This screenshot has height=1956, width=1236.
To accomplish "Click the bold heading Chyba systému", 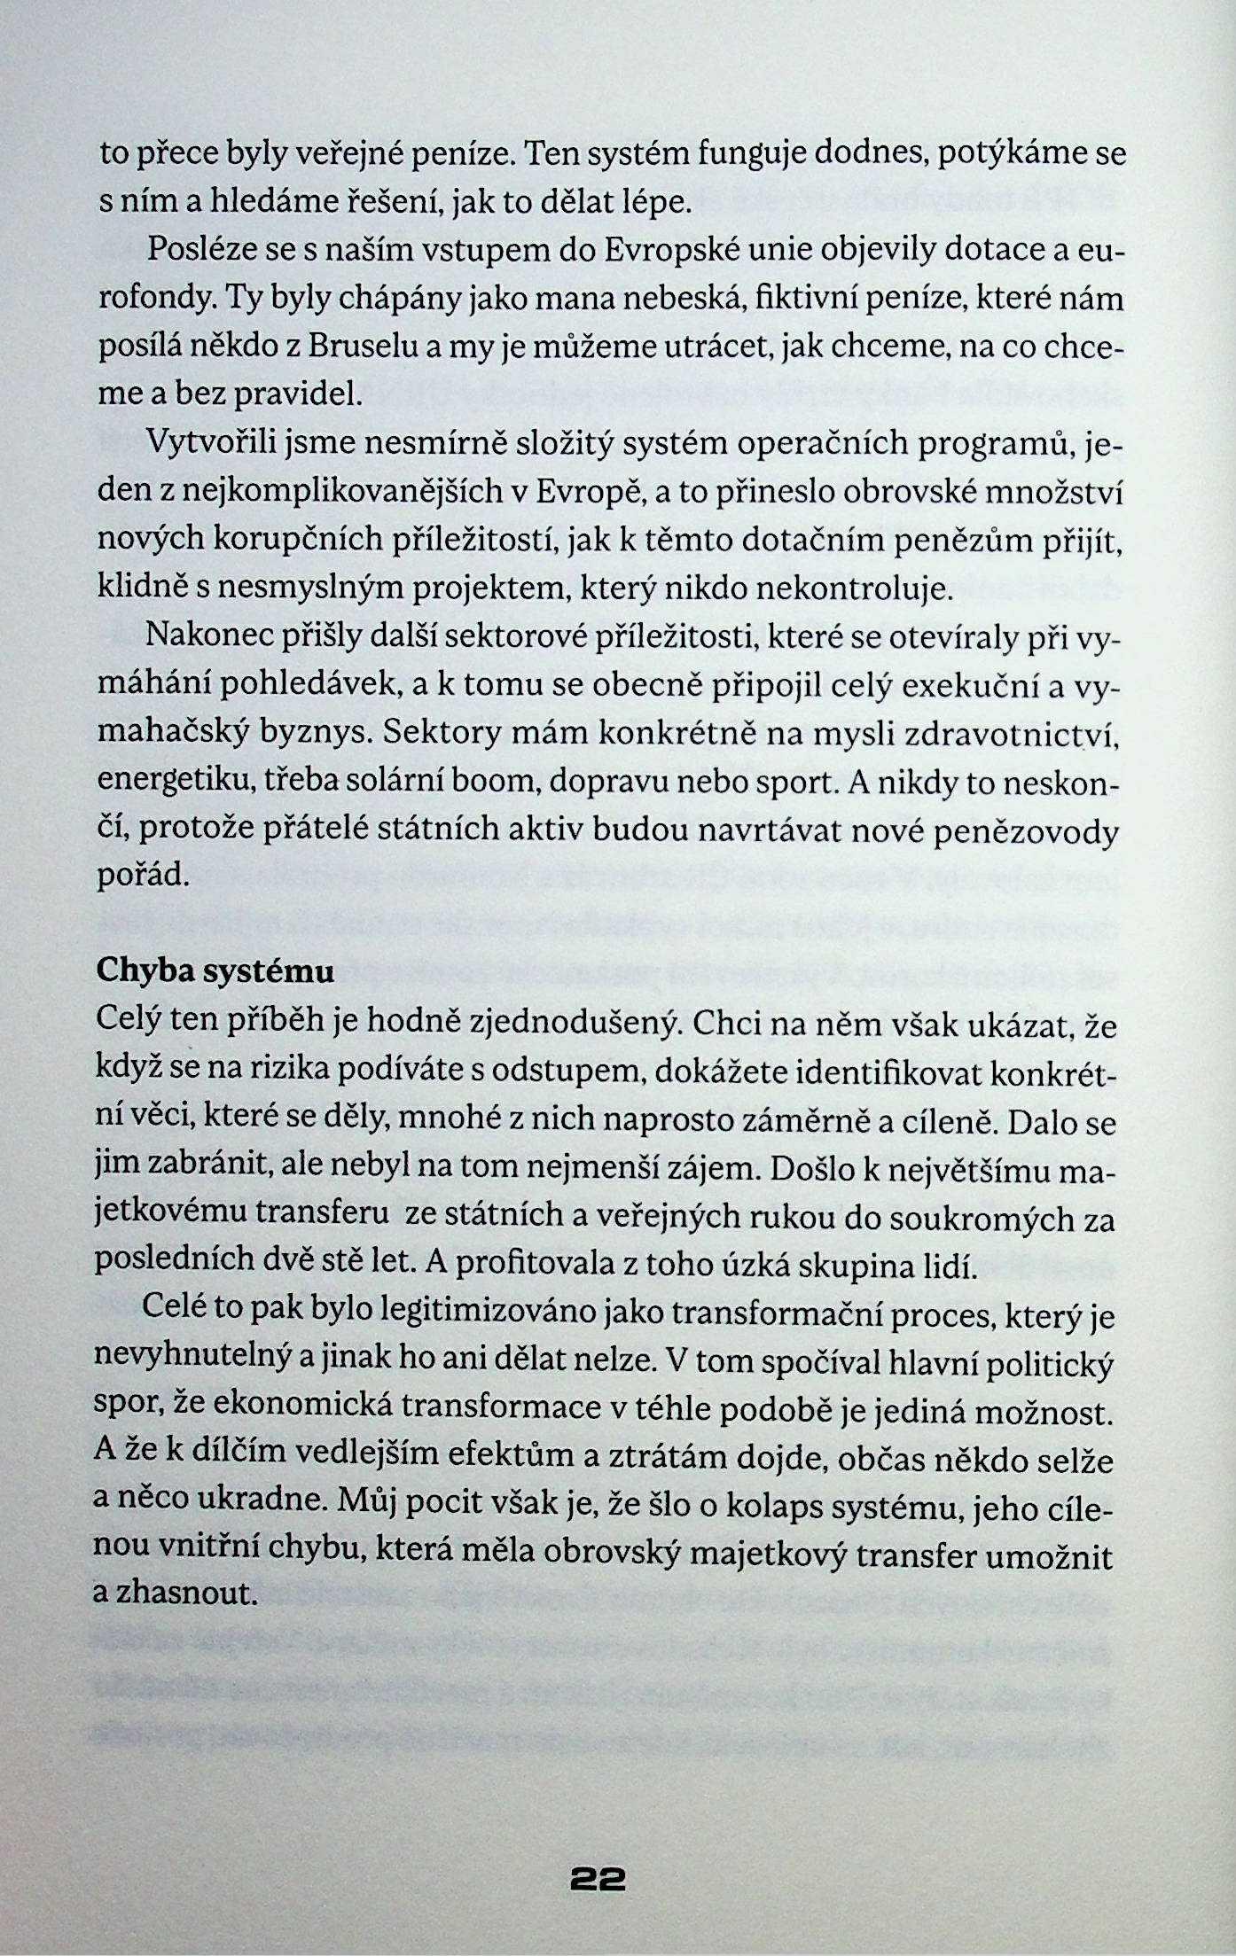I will tap(215, 971).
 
